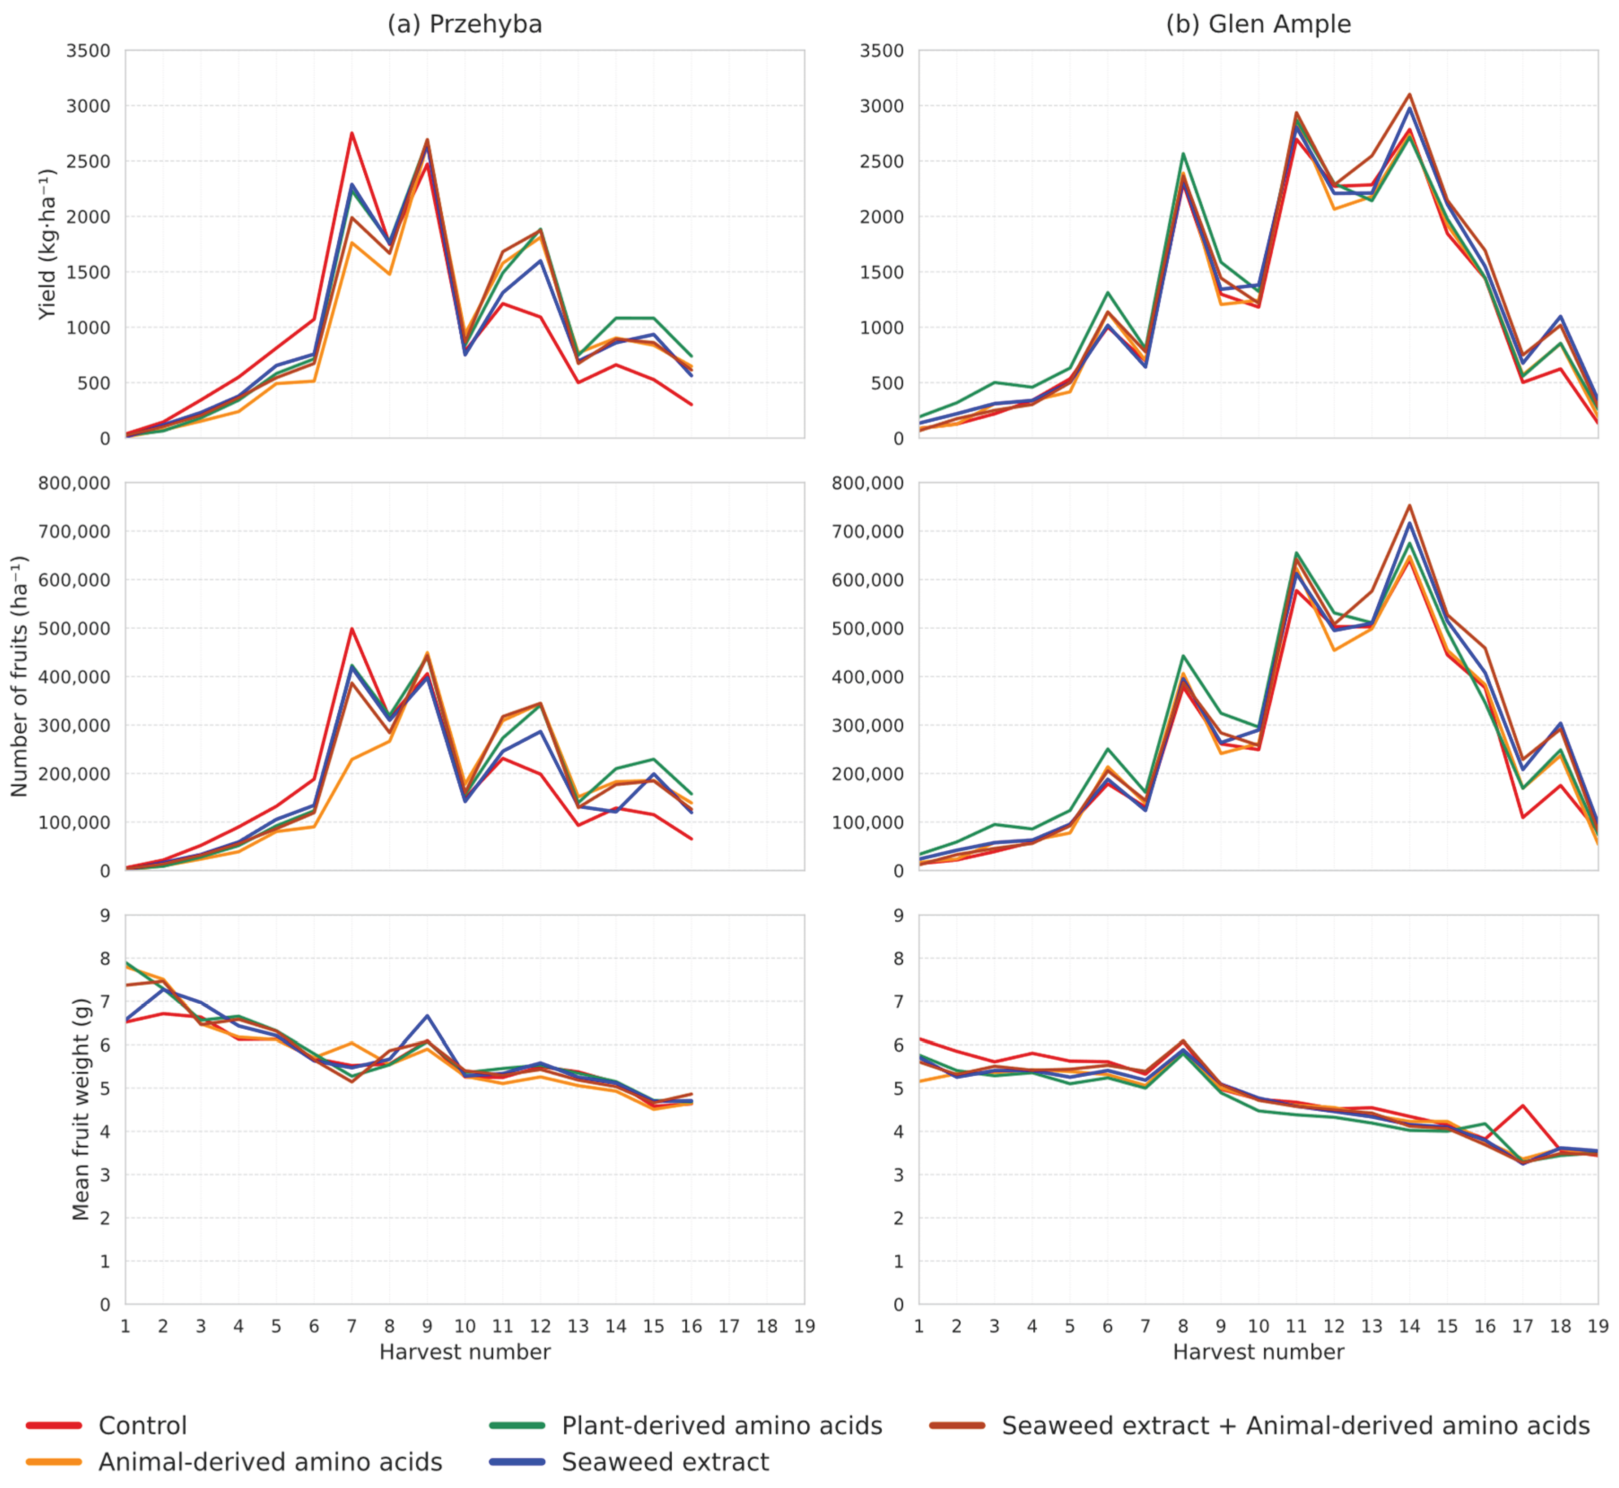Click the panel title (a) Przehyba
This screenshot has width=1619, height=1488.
tap(465, 24)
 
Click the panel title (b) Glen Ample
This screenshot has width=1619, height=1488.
tap(1258, 24)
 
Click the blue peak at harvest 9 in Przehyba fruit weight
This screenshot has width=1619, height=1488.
tap(427, 1015)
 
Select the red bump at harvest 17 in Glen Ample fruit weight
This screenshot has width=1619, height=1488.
tap(1523, 1105)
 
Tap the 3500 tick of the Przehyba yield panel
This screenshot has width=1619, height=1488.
tap(88, 51)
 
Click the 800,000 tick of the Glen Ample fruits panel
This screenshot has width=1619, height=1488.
tap(868, 483)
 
